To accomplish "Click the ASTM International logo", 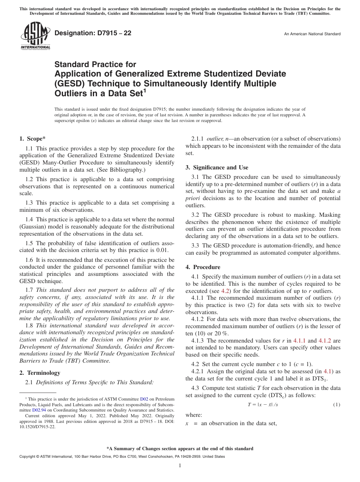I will [x=35, y=36].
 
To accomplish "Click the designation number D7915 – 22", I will [x=93, y=33].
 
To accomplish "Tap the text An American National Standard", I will [x=312, y=34].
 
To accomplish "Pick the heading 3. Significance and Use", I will [x=217, y=167].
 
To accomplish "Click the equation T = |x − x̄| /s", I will [x=263, y=405].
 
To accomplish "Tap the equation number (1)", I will [x=337, y=405].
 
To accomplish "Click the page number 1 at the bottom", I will [x=180, y=466].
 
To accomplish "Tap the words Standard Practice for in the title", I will [x=95, y=64].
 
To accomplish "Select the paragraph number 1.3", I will [x=30, y=203].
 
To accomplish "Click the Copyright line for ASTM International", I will [x=122, y=457].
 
